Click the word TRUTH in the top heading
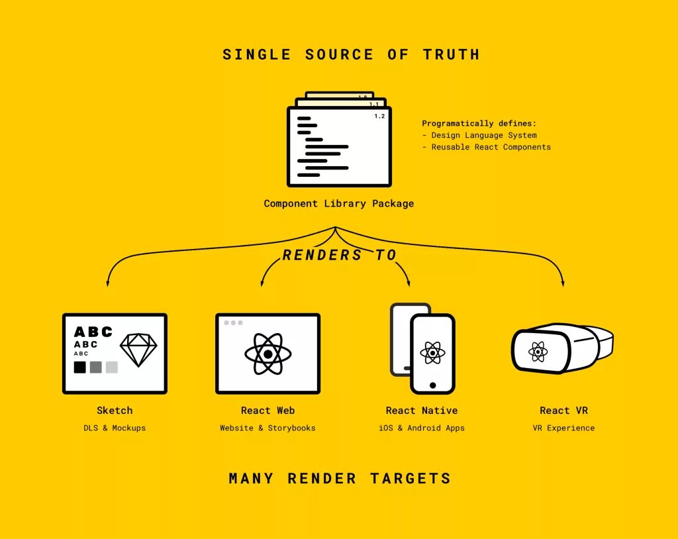tap(451, 54)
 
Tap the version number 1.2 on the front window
tap(379, 117)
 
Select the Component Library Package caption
tap(338, 203)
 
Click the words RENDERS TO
tap(339, 255)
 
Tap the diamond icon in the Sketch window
tap(138, 349)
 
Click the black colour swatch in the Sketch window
tap(79, 367)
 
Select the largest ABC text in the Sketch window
tap(93, 332)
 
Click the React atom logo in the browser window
tap(267, 354)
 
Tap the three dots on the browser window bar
tap(233, 323)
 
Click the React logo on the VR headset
tap(538, 351)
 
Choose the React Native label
tap(422, 411)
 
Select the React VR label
tap(563, 411)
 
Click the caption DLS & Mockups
tap(115, 428)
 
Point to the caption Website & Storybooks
tap(267, 428)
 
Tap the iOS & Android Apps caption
tap(422, 428)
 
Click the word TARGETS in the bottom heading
tap(411, 478)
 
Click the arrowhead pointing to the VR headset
tap(563, 283)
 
